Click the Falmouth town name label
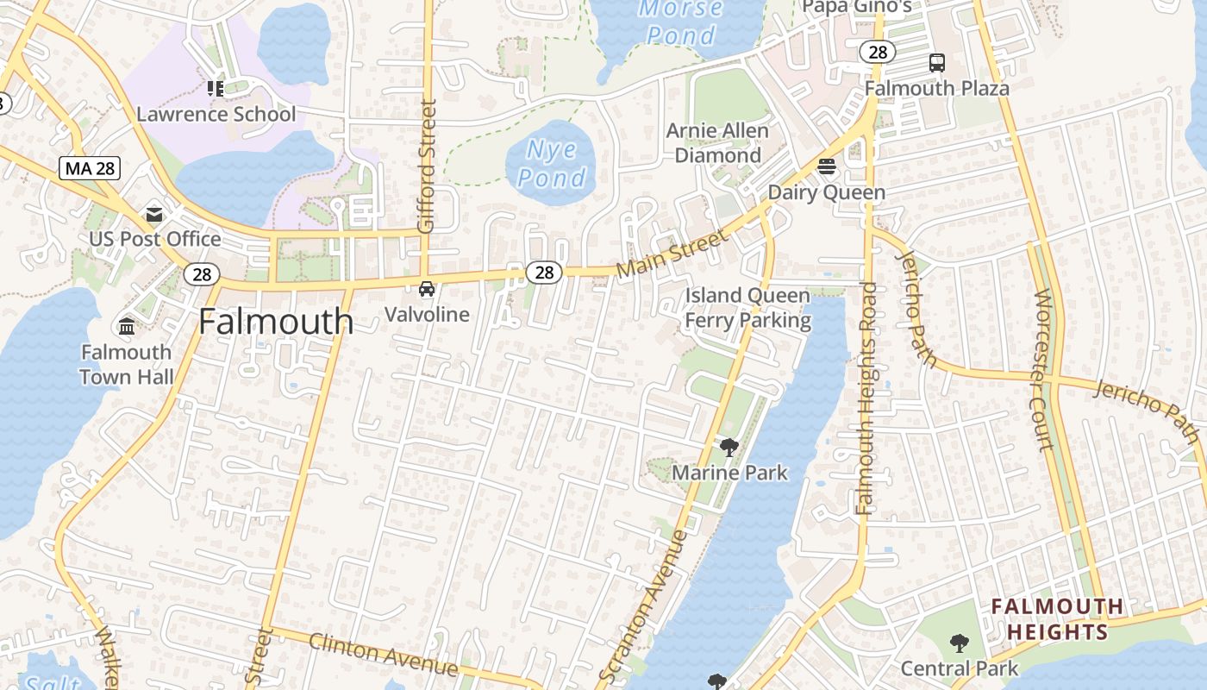pos(276,322)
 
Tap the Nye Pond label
pos(552,164)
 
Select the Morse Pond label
pos(681,22)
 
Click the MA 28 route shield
pos(89,168)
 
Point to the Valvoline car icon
pos(427,289)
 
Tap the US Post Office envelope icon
pos(154,215)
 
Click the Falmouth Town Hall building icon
pos(127,327)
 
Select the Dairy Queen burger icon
pos(827,166)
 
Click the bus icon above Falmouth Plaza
pos(937,62)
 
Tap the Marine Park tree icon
pos(729,447)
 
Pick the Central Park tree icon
pos(959,643)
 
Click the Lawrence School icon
pos(216,88)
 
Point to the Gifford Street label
pos(427,166)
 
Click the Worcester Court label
pos(1043,370)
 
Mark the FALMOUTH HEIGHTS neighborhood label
pos(1057,619)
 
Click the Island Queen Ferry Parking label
pos(747,308)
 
